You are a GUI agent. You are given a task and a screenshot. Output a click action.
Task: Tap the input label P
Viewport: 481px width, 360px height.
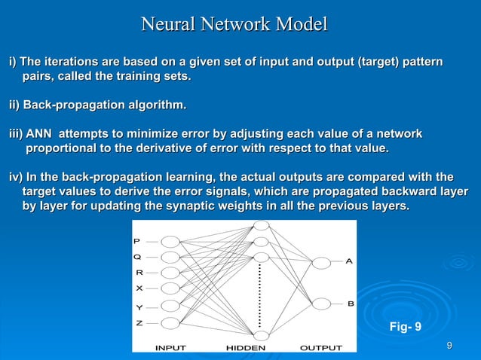point(136,241)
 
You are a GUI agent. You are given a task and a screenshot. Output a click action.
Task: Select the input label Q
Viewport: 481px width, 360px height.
point(136,257)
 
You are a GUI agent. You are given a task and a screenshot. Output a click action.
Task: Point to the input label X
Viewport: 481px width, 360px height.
point(138,288)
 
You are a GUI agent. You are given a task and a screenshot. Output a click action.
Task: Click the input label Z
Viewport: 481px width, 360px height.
point(137,322)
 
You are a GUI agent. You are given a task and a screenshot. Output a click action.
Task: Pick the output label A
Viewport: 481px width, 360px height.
point(349,261)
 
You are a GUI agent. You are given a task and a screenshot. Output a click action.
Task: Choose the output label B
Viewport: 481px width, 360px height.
point(351,303)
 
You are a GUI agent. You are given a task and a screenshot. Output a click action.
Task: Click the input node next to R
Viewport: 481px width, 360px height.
point(170,274)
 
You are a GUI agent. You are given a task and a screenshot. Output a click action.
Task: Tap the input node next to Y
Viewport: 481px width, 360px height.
point(170,307)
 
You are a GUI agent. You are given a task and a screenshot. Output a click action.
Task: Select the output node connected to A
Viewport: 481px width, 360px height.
point(322,262)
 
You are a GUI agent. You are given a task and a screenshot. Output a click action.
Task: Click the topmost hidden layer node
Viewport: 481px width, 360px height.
point(261,226)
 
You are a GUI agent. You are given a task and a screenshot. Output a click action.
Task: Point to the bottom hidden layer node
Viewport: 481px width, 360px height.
point(261,336)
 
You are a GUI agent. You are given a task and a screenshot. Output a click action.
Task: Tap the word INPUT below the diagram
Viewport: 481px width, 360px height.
point(171,348)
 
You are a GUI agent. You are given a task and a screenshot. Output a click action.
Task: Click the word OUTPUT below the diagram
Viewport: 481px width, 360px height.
point(320,348)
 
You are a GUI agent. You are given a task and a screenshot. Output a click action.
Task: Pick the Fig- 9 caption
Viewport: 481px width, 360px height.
point(405,327)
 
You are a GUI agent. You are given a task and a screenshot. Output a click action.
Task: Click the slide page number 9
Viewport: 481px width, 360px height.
point(450,346)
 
